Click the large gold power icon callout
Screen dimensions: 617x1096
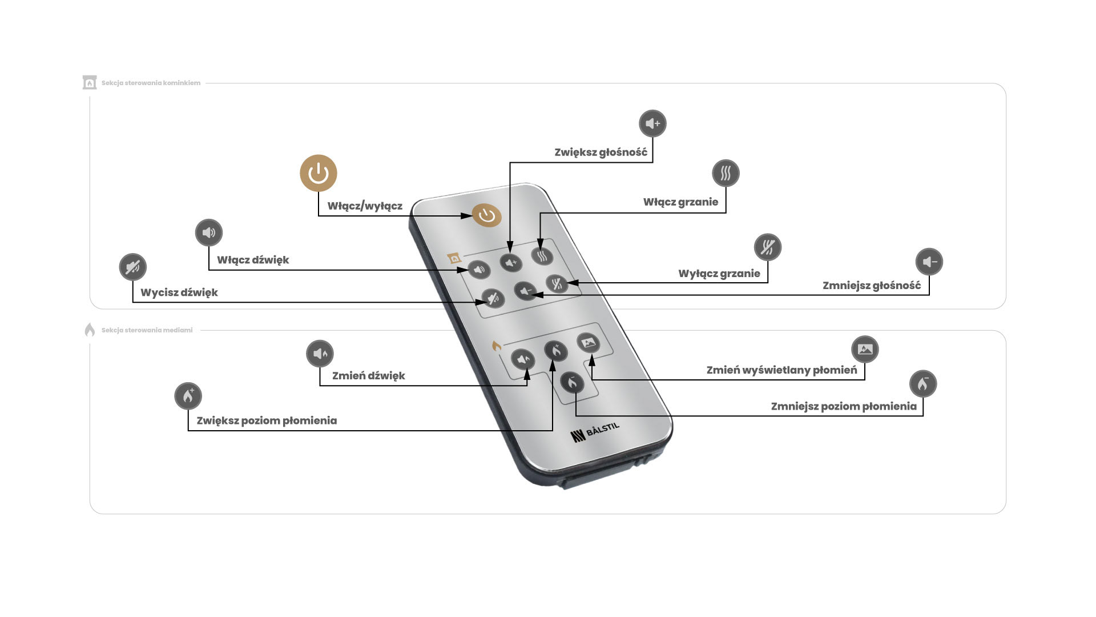(x=319, y=173)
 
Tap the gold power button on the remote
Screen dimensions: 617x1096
(x=486, y=216)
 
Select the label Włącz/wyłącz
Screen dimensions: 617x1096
(x=365, y=206)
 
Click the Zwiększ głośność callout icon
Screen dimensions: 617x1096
(x=652, y=123)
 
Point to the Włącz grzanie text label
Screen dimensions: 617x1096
(x=680, y=202)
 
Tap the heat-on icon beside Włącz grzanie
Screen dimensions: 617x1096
(x=726, y=173)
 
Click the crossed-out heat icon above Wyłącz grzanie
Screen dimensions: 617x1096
(x=767, y=247)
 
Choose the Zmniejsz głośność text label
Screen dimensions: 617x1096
(x=872, y=286)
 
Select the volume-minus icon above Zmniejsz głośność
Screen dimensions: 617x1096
(x=929, y=262)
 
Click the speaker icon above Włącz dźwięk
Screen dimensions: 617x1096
(x=209, y=233)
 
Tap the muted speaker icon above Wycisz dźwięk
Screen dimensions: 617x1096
(x=133, y=267)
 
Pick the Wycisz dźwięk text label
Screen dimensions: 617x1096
(x=179, y=293)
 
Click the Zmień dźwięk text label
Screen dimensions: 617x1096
(x=369, y=376)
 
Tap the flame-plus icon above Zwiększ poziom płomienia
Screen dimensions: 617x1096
(x=188, y=396)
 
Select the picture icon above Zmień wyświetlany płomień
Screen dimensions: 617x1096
(x=865, y=349)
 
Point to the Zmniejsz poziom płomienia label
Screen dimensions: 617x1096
(x=844, y=407)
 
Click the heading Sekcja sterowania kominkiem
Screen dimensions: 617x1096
(x=151, y=83)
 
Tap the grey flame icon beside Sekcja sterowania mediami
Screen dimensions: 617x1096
(x=90, y=330)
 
